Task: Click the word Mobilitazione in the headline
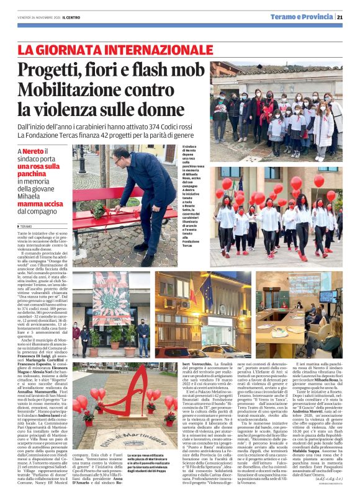tap(80, 90)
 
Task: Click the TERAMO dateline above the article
tap(26, 226)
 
